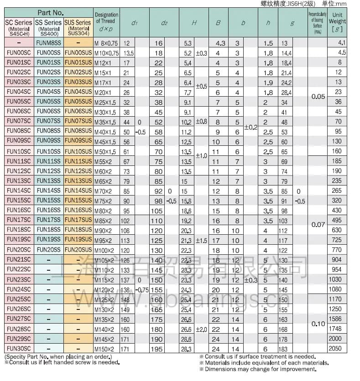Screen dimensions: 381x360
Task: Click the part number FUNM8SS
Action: point(48,43)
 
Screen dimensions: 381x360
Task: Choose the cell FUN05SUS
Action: point(78,102)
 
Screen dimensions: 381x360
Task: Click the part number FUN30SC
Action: point(19,349)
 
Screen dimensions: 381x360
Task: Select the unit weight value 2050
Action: point(335,349)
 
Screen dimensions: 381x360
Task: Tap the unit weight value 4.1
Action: point(342,43)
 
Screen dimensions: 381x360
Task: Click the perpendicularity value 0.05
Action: point(318,97)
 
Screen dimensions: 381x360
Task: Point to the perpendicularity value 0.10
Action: point(318,324)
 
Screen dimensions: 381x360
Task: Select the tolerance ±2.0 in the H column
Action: point(201,329)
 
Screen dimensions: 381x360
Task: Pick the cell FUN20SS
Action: point(48,250)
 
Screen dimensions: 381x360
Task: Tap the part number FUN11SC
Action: point(19,161)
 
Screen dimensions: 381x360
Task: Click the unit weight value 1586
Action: point(335,319)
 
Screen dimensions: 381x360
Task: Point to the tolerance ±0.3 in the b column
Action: point(250,280)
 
